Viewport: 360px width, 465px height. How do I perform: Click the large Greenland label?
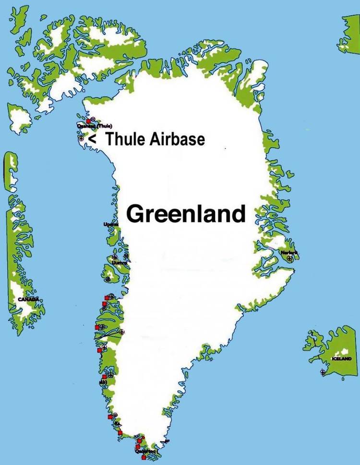coord(185,214)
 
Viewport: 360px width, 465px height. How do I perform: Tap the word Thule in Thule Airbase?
coord(125,139)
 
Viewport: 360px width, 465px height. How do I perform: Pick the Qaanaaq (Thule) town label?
coord(94,126)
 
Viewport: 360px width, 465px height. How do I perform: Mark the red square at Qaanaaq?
coord(88,121)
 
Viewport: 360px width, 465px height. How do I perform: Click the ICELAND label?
coord(342,359)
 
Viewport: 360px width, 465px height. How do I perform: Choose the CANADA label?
coord(28,299)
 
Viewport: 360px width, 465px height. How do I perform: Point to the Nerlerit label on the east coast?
coord(289,253)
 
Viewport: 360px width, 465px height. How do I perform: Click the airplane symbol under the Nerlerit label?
coord(289,258)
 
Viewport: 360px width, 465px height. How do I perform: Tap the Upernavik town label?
coord(111,224)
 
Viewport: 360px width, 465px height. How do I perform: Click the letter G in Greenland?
coord(136,214)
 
